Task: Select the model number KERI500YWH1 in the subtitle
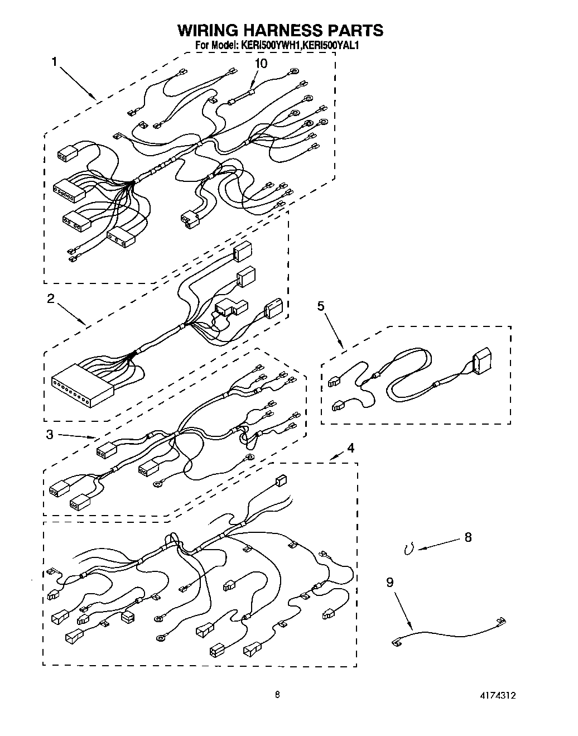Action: [x=271, y=46]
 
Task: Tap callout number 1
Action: [x=55, y=62]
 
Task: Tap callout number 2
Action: [x=51, y=299]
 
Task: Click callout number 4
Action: [x=350, y=448]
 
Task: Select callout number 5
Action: [x=321, y=306]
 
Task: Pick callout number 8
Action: [x=468, y=537]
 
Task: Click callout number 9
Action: [x=389, y=582]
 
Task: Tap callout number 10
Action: [x=261, y=64]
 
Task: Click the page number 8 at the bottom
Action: [x=277, y=695]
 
